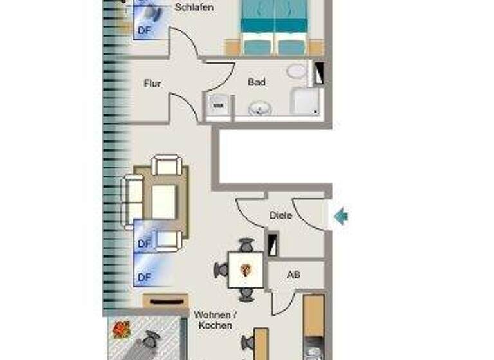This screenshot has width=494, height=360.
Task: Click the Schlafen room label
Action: (x=194, y=8)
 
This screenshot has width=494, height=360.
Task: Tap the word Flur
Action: (x=152, y=84)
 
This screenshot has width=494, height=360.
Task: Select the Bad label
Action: (x=256, y=82)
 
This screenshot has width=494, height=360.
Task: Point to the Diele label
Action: (x=280, y=215)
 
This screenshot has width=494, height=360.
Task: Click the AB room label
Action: (x=293, y=275)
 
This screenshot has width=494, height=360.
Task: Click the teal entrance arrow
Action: (x=341, y=216)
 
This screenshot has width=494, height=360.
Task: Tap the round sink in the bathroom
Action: (x=261, y=109)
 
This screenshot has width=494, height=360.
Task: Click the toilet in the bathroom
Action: (x=297, y=71)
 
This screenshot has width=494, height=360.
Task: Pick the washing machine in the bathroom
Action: (x=217, y=107)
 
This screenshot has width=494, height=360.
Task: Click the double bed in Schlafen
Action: (x=275, y=26)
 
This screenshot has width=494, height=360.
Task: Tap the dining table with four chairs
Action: (x=246, y=269)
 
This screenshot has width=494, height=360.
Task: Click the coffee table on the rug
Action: (x=163, y=201)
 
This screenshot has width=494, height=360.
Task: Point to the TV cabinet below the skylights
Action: (x=165, y=301)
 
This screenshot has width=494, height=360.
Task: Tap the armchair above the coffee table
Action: (x=167, y=166)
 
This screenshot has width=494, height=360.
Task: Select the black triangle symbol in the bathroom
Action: (x=318, y=75)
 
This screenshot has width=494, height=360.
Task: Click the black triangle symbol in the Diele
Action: (x=273, y=244)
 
